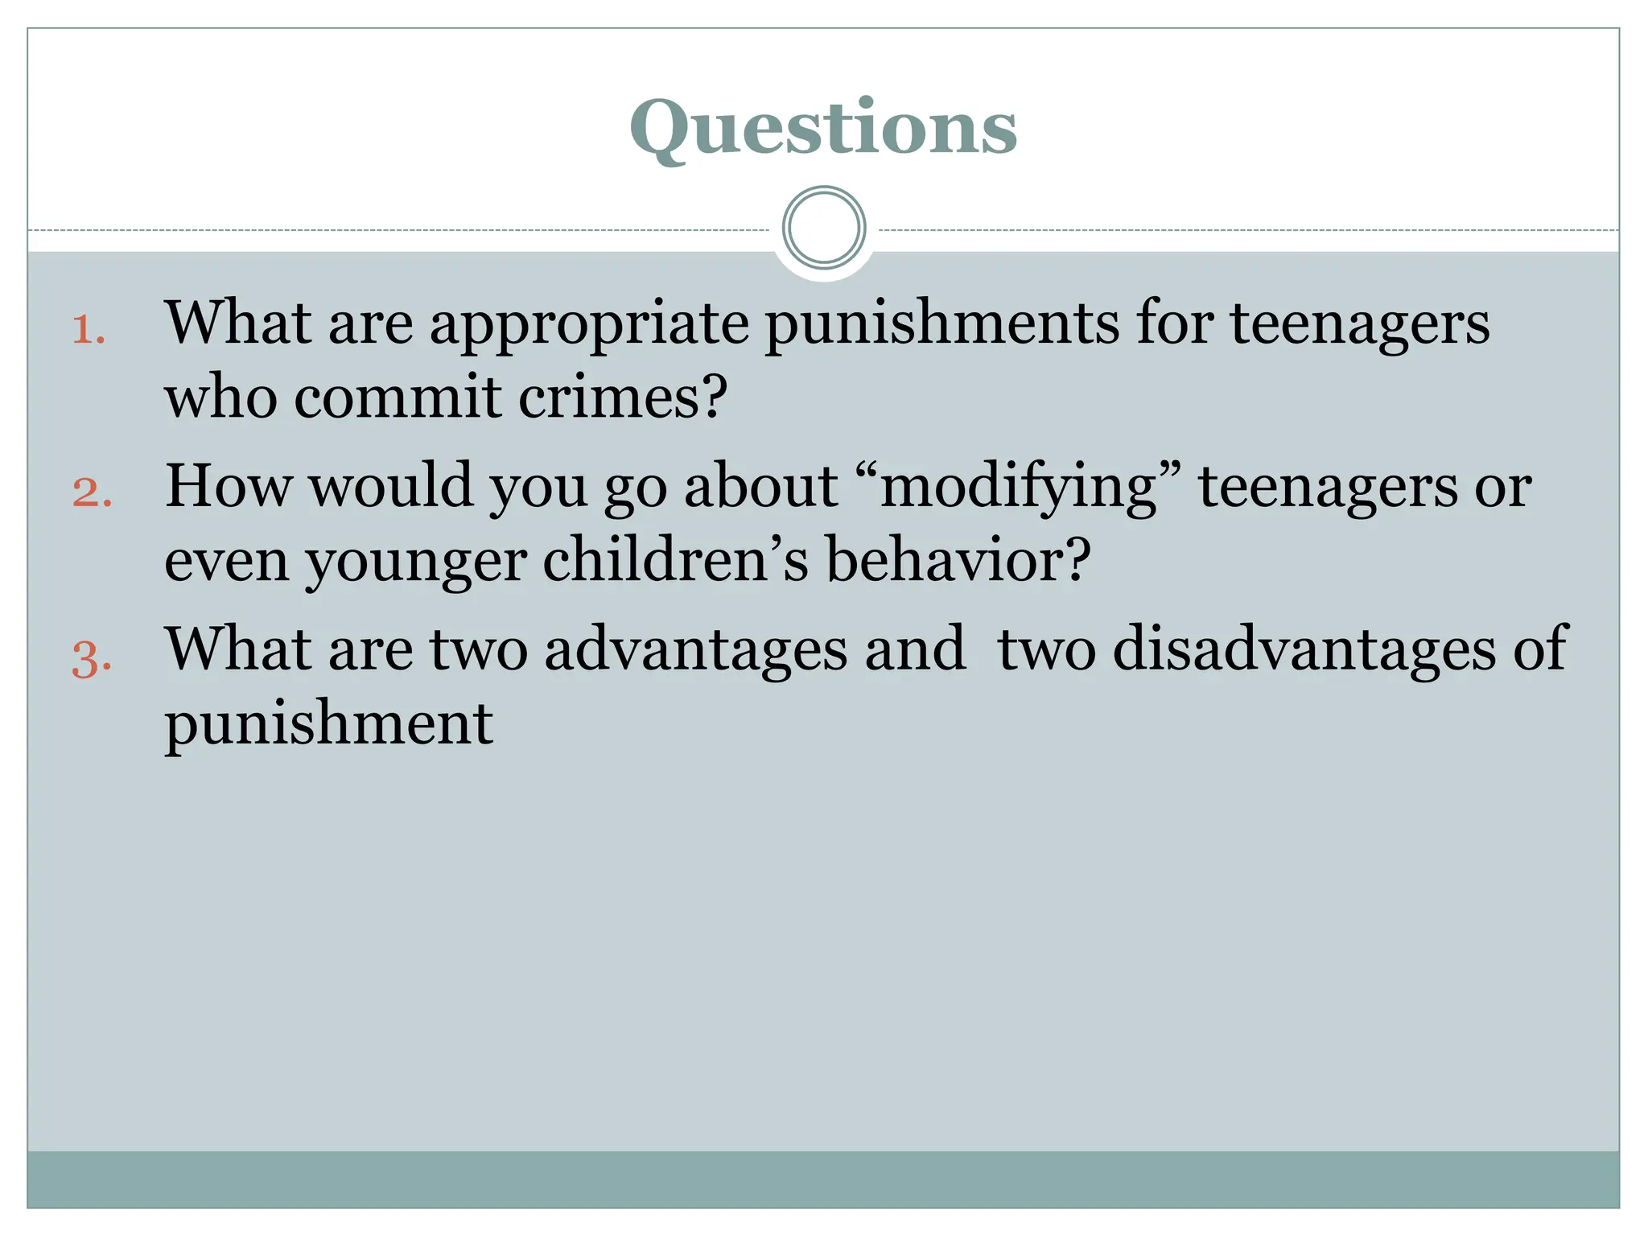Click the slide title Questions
pos(823,129)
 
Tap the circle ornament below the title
pos(824,228)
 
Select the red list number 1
pos(89,330)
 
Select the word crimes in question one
pos(623,398)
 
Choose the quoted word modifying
pos(1019,488)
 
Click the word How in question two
pos(229,486)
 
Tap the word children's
pos(675,560)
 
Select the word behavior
pos(958,560)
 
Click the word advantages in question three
pos(696,650)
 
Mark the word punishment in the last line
pos(328,724)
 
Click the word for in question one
pos(1175,323)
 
